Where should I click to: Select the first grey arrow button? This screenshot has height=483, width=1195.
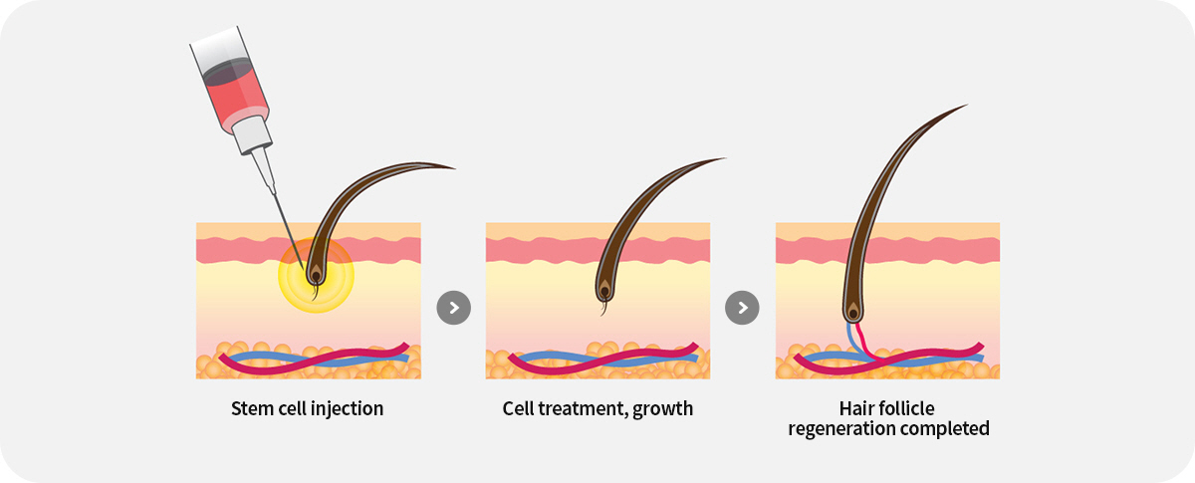[453, 308]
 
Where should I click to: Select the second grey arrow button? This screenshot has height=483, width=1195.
[742, 308]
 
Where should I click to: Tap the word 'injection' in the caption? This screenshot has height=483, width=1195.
[348, 408]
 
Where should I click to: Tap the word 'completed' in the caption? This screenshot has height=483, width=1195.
[945, 429]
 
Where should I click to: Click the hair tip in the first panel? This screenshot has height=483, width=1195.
[453, 167]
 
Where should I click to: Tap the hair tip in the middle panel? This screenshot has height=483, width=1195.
[725, 158]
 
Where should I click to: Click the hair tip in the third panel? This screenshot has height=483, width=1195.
[965, 106]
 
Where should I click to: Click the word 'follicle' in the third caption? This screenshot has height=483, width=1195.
[907, 408]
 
